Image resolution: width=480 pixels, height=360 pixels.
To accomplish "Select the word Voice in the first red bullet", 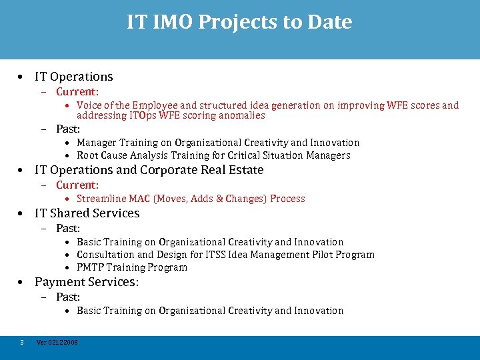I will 89,105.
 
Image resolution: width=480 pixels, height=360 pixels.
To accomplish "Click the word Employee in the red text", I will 155,105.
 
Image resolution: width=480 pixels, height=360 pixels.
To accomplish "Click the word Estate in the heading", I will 246,170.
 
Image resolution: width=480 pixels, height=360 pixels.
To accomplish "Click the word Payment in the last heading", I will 59,282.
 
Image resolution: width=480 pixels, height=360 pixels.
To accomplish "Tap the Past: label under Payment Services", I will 68,297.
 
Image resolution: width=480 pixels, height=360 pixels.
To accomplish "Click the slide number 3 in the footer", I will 22,342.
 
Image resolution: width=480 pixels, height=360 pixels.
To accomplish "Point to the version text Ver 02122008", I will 57,342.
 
